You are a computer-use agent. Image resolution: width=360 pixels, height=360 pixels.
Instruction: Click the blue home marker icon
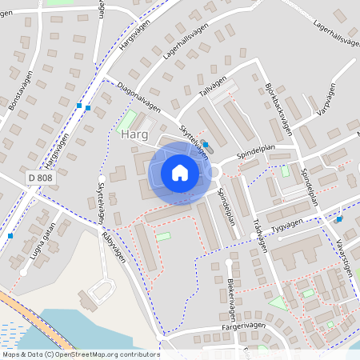point(180,173)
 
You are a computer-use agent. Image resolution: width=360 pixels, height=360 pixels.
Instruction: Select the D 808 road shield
point(38,177)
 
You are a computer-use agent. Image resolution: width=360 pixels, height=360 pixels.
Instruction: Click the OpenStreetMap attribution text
point(80,354)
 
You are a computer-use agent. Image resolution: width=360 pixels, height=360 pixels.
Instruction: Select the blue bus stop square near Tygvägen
point(339,218)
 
